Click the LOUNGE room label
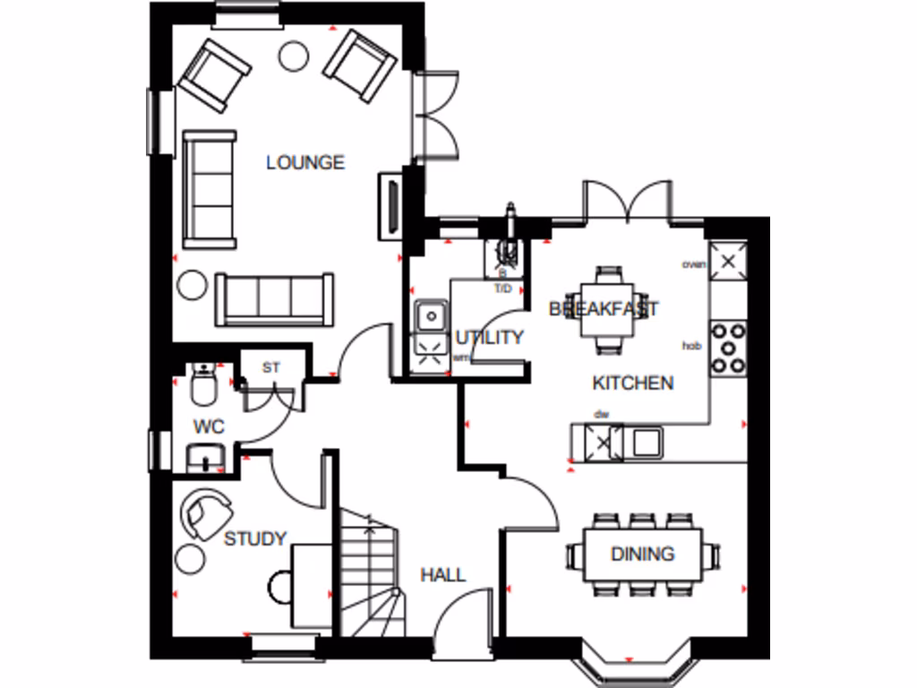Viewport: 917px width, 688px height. (x=305, y=163)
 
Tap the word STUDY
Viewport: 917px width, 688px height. (x=255, y=538)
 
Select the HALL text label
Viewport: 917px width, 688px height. (x=443, y=574)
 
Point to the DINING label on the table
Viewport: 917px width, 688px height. (x=642, y=555)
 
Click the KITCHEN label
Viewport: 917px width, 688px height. (x=632, y=383)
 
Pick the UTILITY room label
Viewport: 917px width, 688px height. (x=489, y=338)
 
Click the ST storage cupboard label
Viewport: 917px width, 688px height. (x=270, y=367)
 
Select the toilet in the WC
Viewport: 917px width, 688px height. (x=203, y=385)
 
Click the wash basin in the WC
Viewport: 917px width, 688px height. (x=206, y=459)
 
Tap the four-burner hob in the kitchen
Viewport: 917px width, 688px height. (x=728, y=348)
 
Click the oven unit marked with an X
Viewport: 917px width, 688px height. (x=728, y=262)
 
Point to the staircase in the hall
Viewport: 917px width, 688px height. (x=369, y=573)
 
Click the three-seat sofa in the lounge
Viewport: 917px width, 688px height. (x=273, y=299)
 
